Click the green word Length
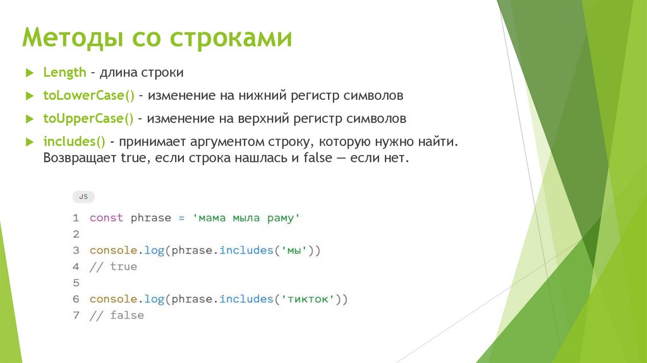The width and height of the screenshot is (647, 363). click(x=64, y=73)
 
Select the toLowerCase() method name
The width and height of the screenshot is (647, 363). click(x=89, y=95)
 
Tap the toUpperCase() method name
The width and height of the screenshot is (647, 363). click(x=89, y=118)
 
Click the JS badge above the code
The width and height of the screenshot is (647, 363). click(x=83, y=197)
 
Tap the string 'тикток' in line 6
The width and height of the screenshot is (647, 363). click(x=306, y=299)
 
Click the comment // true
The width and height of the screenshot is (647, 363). click(x=113, y=267)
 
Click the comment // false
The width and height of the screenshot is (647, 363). click(x=116, y=315)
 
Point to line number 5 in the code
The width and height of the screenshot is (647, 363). click(x=76, y=283)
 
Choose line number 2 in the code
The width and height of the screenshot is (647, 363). click(x=76, y=234)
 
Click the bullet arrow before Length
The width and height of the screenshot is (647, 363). click(x=29, y=73)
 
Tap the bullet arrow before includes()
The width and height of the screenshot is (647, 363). click(x=29, y=142)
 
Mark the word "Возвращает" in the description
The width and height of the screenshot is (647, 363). click(x=80, y=158)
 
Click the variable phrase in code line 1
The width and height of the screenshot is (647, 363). click(x=150, y=218)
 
